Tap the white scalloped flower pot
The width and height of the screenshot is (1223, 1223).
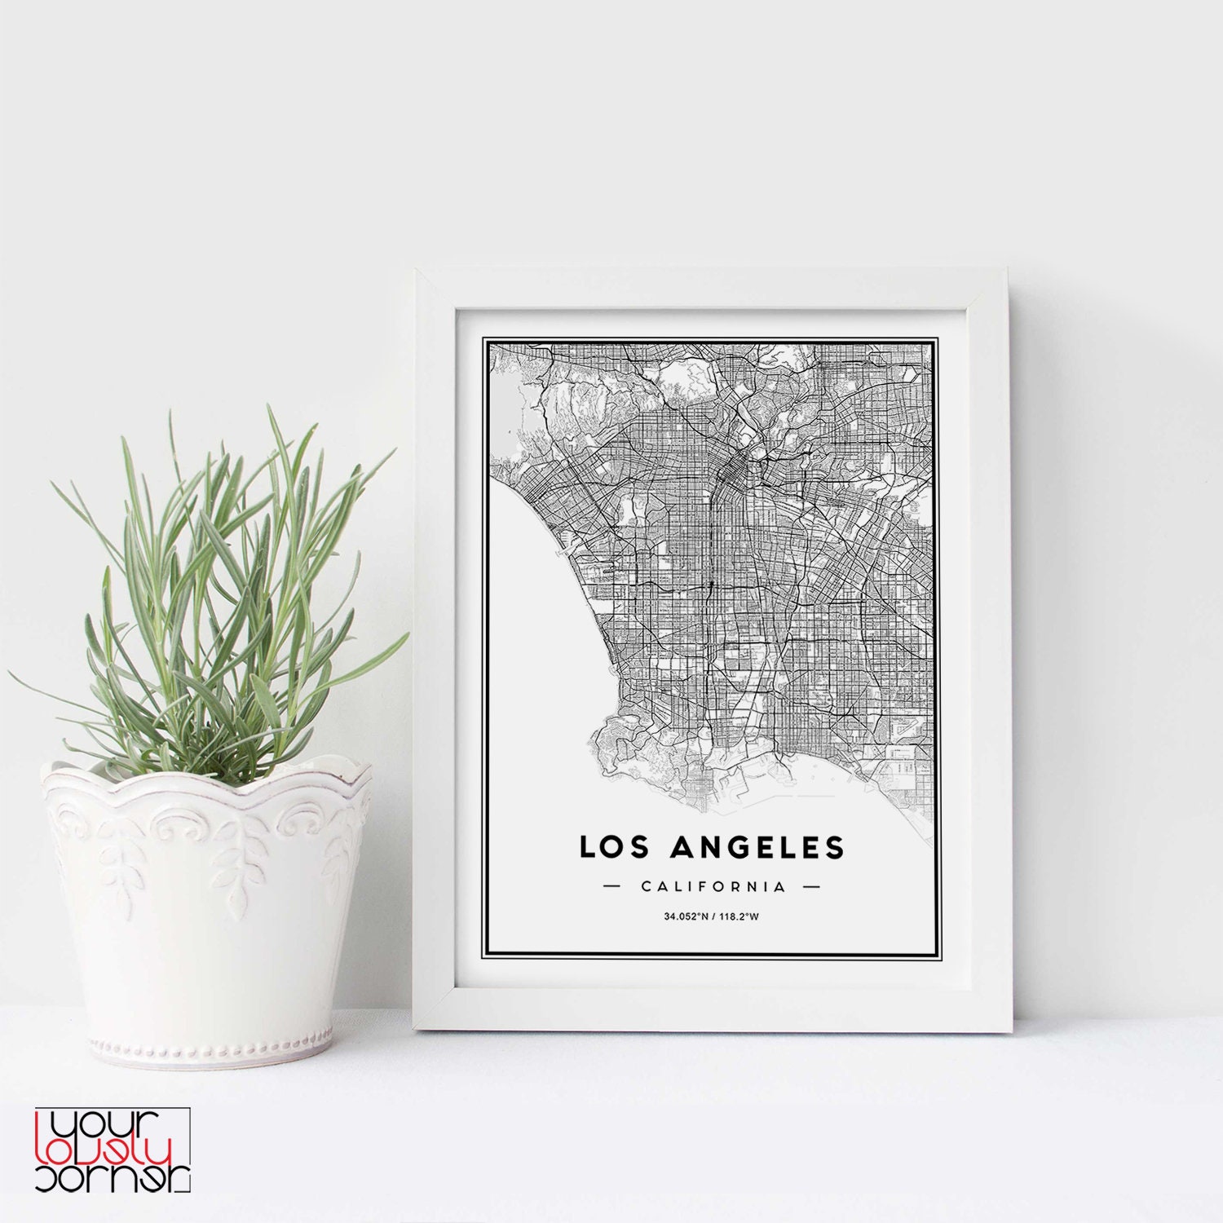(x=208, y=905)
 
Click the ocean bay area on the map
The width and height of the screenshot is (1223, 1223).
(x=538, y=620)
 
